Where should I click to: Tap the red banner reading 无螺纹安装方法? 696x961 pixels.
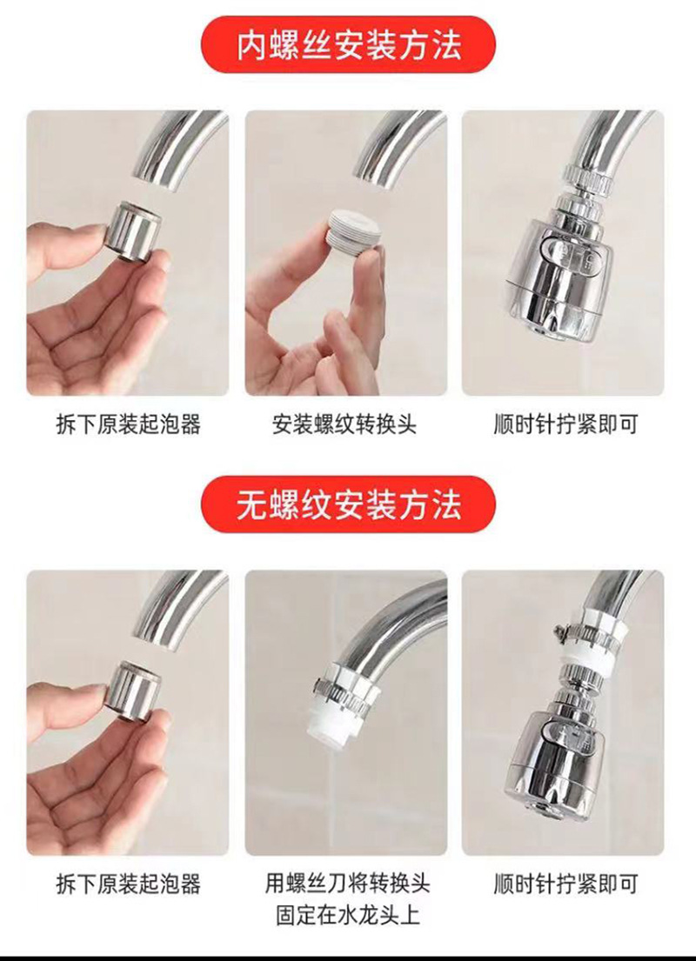[x=348, y=504]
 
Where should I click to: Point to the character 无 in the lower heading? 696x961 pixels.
[x=252, y=504]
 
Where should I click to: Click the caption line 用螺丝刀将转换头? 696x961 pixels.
[x=347, y=884]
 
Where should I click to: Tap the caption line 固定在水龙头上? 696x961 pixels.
[x=347, y=914]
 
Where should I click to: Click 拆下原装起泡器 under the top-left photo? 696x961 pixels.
[x=128, y=425]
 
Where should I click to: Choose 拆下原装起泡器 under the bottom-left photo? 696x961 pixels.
[x=128, y=884]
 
